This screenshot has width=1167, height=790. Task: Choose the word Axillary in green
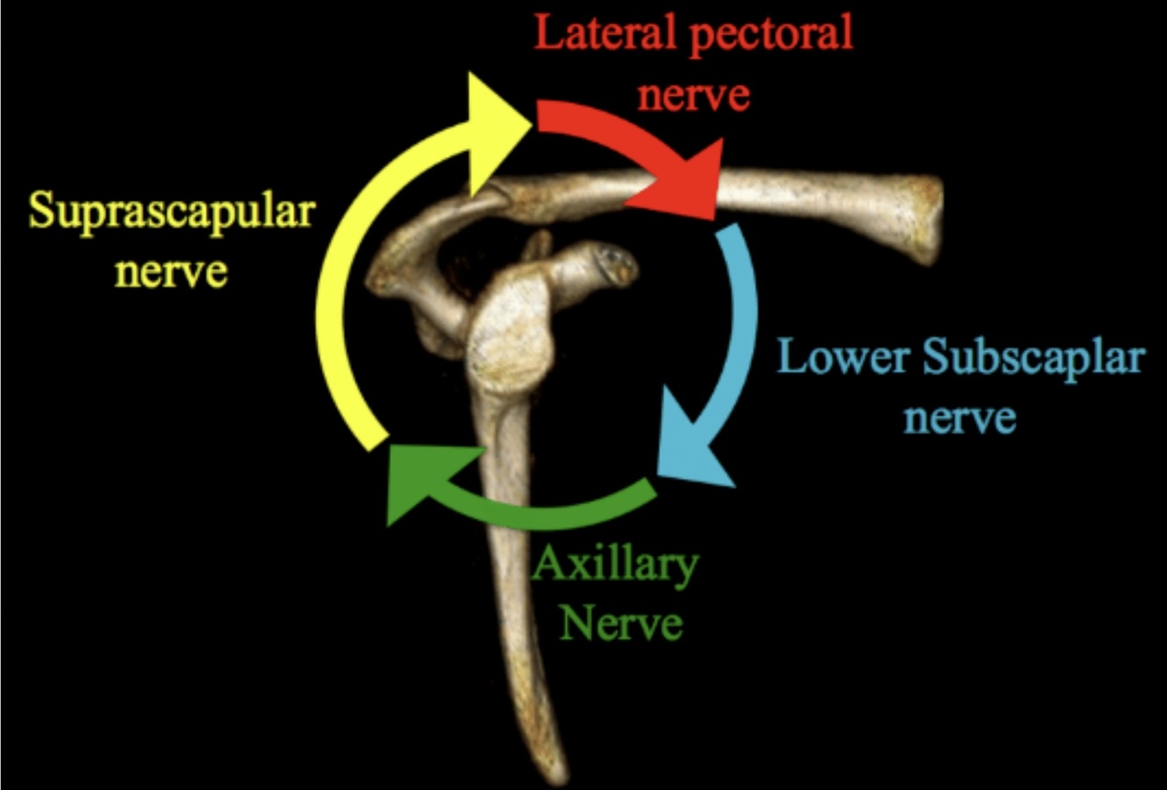click(615, 568)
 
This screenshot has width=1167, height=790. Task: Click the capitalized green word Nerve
click(621, 625)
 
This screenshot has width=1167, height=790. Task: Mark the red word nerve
click(693, 94)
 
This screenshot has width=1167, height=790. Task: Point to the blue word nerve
click(960, 416)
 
